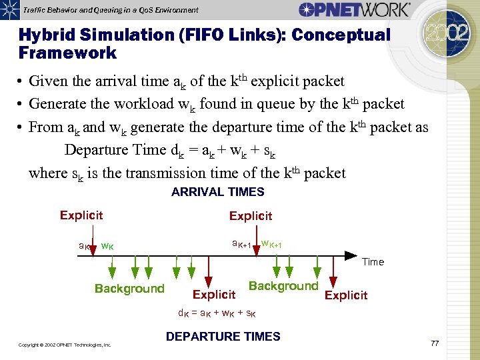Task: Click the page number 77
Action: (x=435, y=343)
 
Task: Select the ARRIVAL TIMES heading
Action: (x=217, y=192)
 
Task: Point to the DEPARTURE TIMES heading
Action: (x=223, y=337)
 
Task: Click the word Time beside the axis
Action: (x=373, y=262)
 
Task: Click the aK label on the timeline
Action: (x=85, y=246)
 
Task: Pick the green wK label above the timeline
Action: (x=107, y=246)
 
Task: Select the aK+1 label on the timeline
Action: (x=241, y=244)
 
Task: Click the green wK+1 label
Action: (x=271, y=244)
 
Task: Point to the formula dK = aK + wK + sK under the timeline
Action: (x=217, y=313)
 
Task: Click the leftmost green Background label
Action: (x=129, y=289)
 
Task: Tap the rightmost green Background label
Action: (x=283, y=286)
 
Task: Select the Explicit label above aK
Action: (x=81, y=215)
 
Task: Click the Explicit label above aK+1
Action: (x=251, y=215)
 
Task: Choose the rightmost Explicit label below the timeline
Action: (x=345, y=295)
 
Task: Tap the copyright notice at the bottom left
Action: (x=65, y=345)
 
